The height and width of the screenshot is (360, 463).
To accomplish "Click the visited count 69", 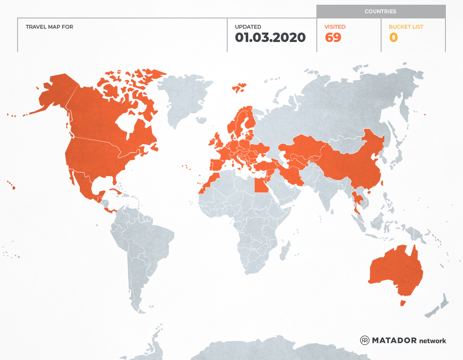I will pyautogui.click(x=333, y=38).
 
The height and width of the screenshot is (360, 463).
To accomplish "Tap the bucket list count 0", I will pyautogui.click(x=393, y=38).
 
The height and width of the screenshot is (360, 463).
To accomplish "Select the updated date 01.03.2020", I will pyautogui.click(x=270, y=38).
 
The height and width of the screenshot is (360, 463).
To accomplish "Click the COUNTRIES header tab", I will pyautogui.click(x=380, y=12).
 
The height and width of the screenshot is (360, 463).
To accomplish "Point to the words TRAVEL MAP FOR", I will pyautogui.click(x=49, y=27).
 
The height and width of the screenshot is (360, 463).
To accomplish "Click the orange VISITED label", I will pyautogui.click(x=335, y=27).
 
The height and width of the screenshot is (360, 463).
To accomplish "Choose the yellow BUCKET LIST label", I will pyautogui.click(x=406, y=27).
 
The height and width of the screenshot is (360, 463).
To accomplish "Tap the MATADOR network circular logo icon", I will pyautogui.click(x=365, y=340).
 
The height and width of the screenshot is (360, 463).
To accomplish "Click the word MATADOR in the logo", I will pyautogui.click(x=394, y=340).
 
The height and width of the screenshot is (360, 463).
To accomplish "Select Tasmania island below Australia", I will pyautogui.click(x=403, y=303).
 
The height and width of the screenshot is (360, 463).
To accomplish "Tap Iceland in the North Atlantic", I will pyautogui.click(x=239, y=88).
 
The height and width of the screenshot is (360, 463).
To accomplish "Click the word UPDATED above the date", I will pyautogui.click(x=248, y=27).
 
